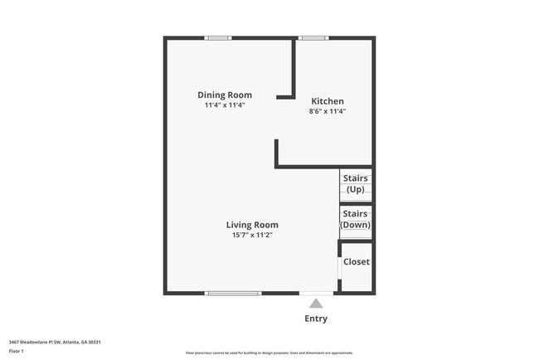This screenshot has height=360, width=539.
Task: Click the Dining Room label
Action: tap(224, 95)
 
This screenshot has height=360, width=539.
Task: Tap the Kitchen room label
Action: tap(327, 101)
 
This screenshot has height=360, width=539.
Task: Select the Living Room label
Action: tap(253, 225)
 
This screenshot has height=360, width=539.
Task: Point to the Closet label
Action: tap(357, 262)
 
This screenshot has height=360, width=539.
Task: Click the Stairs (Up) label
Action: tap(355, 183)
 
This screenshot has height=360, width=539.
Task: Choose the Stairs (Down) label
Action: tap(355, 219)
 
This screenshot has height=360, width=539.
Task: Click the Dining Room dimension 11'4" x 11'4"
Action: tap(225, 105)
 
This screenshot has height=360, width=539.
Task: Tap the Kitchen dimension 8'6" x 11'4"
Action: tap(327, 111)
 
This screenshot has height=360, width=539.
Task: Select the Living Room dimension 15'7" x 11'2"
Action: tap(253, 236)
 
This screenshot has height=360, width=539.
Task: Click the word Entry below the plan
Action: tap(316, 319)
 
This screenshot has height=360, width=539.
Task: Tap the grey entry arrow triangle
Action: tap(316, 304)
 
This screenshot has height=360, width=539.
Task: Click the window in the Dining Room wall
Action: tap(218, 37)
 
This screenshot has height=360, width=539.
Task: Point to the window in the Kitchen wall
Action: tap(312, 37)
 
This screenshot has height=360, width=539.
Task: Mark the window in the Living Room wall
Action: tap(233, 293)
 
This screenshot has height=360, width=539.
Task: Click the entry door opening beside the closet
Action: tap(316, 293)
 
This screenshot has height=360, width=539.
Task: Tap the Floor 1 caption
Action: tap(16, 351)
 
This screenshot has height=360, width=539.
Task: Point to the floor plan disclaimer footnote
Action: tap(269, 353)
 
